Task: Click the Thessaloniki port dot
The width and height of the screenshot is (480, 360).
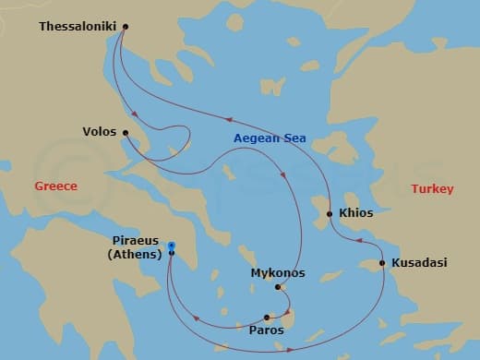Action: [x=126, y=27]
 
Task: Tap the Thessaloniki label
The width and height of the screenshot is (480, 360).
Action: [x=78, y=27]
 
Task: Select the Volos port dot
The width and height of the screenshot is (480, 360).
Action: [x=126, y=132]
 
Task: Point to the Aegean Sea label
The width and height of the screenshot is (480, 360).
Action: [x=270, y=138]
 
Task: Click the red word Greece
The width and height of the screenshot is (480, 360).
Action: [x=55, y=186]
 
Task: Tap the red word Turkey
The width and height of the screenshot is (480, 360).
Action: [x=432, y=189]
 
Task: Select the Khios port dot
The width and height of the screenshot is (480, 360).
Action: [x=329, y=214]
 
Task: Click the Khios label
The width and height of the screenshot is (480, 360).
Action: [x=356, y=213]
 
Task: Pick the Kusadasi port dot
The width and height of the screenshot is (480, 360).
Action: [x=382, y=263]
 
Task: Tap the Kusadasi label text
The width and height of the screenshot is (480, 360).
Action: [x=419, y=263]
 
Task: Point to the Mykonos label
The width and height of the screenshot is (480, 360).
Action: [x=278, y=273]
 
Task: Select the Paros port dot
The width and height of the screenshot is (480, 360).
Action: [x=267, y=317]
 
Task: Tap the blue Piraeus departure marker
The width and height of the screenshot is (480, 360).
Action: [x=172, y=245]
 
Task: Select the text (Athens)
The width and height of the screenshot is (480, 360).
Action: [x=135, y=254]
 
